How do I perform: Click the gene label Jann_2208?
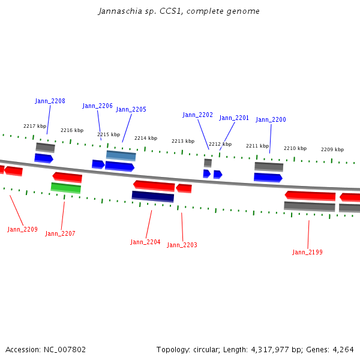coord(50,101)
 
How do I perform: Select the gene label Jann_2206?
coord(97,106)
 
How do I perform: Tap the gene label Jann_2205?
coord(131,110)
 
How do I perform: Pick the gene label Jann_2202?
coord(197,115)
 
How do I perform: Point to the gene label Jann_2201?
coord(233,118)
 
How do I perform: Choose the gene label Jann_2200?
coord(271,120)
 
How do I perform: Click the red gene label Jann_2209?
coord(22,230)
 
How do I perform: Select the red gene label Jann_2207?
coord(60,234)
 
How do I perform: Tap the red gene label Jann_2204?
coord(145,242)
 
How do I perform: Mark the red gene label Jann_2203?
coord(182,245)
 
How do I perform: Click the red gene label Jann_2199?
coord(307,253)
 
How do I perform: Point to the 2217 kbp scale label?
coord(35,127)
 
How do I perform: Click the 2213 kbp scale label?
coord(182,142)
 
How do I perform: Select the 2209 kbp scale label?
coord(332,150)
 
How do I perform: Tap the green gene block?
coord(66,188)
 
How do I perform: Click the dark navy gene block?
coord(152,196)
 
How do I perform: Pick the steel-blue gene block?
coord(121,155)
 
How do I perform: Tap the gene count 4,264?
coord(342,350)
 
